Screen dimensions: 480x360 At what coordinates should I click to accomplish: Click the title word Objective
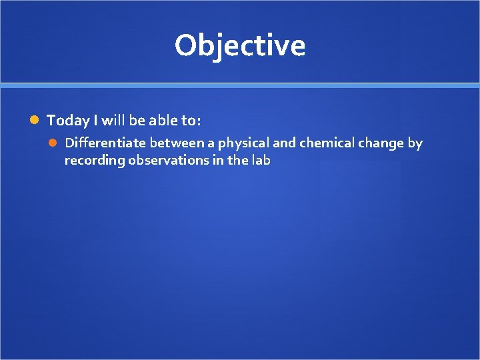pos(240,46)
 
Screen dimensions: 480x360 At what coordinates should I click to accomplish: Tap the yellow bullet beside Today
pos(34,120)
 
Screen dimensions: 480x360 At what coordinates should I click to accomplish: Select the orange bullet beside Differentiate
pos(53,143)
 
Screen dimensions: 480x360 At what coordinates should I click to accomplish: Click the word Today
pos(68,120)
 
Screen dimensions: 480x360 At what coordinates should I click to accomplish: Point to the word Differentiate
pos(105,143)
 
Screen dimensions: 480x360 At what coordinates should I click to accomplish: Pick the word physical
pos(243,143)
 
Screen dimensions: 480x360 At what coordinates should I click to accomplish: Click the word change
pos(381,143)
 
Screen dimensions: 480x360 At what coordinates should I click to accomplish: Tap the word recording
pos(95,161)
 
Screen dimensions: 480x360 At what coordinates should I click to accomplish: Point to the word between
pos(177,143)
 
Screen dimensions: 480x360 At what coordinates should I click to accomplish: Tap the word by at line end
pos(415,143)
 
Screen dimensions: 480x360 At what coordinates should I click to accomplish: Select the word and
pos(284,143)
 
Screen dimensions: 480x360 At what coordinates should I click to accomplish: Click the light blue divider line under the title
pos(240,86)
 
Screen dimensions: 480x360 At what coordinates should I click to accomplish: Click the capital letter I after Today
pos(95,120)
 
